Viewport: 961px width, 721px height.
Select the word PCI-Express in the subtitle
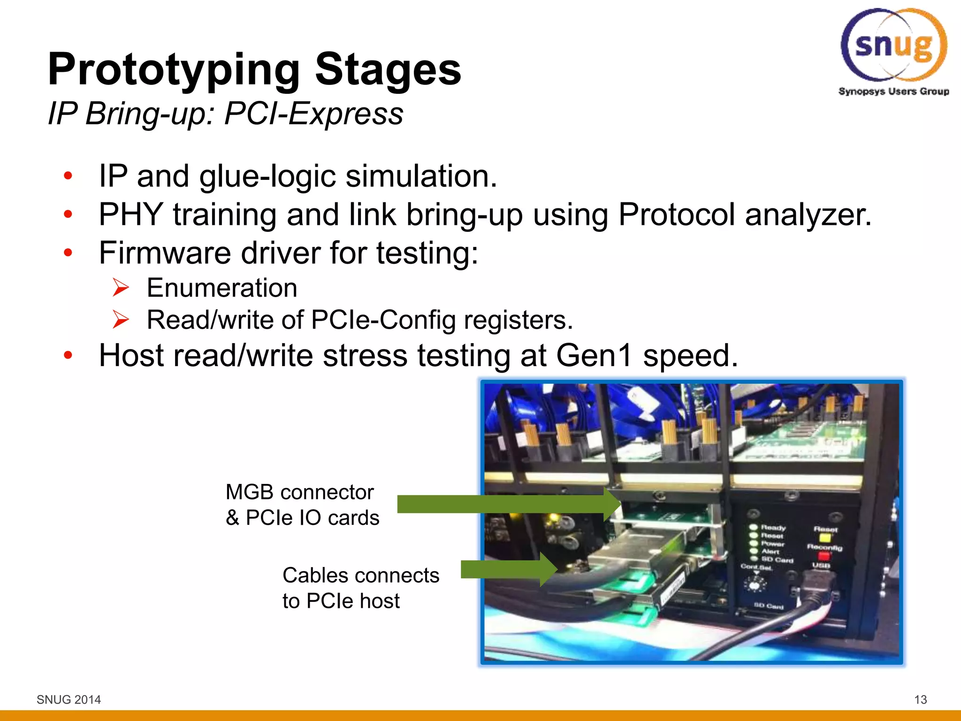point(313,114)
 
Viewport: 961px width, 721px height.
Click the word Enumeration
point(222,288)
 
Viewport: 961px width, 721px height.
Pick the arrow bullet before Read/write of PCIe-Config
point(121,320)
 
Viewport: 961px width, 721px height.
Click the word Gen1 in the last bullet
point(594,355)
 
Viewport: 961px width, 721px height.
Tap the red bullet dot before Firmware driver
point(69,253)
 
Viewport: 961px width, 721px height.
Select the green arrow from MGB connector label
point(509,504)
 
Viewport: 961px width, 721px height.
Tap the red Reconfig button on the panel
point(824,556)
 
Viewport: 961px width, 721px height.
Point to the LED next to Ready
point(754,527)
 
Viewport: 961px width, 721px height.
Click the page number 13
point(920,699)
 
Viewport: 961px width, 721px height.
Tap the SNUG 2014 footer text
point(69,699)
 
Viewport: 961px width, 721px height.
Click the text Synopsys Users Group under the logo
point(893,91)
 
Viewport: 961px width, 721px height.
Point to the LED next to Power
point(754,543)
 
